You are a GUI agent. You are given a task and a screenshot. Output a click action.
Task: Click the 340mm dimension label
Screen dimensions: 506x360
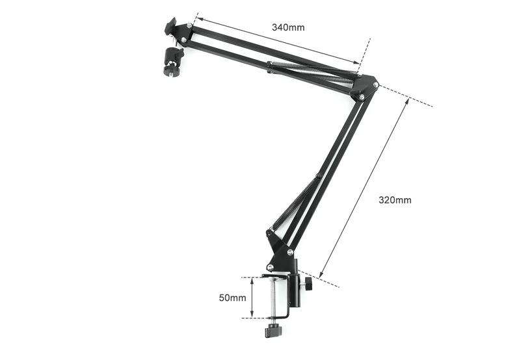288,27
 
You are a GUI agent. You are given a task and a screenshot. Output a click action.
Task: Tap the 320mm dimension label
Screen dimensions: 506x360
395,200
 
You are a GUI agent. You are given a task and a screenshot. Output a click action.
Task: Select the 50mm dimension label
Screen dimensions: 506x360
232,298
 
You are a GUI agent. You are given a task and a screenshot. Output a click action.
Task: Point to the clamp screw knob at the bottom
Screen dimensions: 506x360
273,331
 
